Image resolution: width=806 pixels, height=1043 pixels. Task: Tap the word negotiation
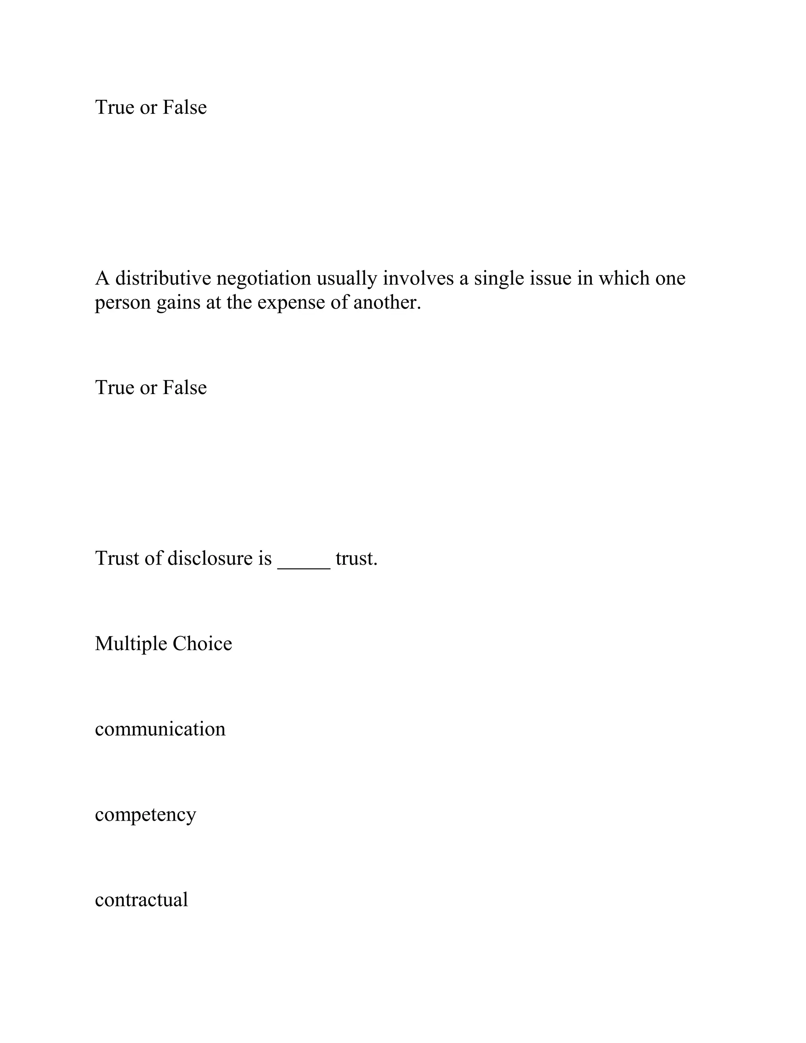tap(264, 278)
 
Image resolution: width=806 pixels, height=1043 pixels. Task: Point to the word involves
tap(418, 278)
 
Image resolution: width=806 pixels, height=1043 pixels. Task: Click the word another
tap(387, 302)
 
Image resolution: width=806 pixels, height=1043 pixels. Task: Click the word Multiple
tap(130, 644)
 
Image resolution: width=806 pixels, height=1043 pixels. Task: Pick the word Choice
tap(202, 644)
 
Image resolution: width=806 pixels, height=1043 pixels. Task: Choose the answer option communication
tap(160, 729)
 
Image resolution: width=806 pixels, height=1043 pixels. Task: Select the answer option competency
tap(145, 815)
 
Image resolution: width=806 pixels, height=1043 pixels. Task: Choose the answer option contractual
tap(141, 900)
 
